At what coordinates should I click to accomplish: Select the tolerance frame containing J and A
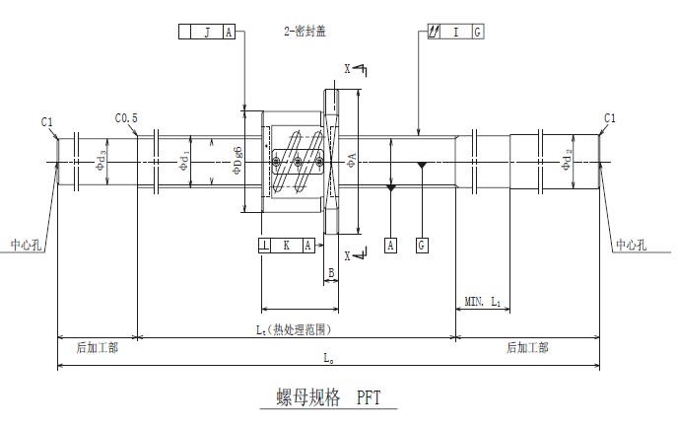(207, 32)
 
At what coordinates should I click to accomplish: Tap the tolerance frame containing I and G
(455, 32)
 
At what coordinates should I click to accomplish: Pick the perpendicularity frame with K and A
(287, 245)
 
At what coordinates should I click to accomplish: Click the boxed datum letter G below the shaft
(422, 245)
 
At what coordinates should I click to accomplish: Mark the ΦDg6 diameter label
(237, 160)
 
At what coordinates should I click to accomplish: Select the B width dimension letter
(332, 272)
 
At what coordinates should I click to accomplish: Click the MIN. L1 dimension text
(483, 300)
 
